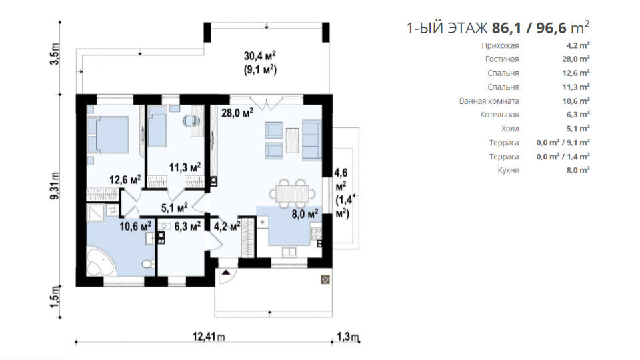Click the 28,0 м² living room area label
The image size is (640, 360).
click(237, 113)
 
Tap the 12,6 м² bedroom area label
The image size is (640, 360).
click(125, 179)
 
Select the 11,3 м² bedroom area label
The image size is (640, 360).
click(185, 167)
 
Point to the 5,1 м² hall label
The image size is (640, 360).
click(174, 208)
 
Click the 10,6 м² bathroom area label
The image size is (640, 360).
click(135, 226)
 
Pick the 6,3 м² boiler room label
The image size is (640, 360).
click(187, 226)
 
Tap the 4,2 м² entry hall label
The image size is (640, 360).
click(227, 226)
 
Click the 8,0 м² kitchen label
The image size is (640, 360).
click(305, 214)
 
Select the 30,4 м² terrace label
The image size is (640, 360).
click(260, 56)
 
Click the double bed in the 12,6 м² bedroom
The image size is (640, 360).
click(108, 135)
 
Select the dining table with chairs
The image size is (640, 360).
click(292, 193)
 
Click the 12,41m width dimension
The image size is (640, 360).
click(209, 337)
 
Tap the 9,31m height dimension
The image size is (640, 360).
click(55, 186)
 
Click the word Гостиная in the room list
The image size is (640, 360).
click(502, 59)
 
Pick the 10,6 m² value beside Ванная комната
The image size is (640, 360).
click(576, 101)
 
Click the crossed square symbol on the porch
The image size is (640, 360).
click(325, 279)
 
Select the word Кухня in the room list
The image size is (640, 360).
click(508, 170)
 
